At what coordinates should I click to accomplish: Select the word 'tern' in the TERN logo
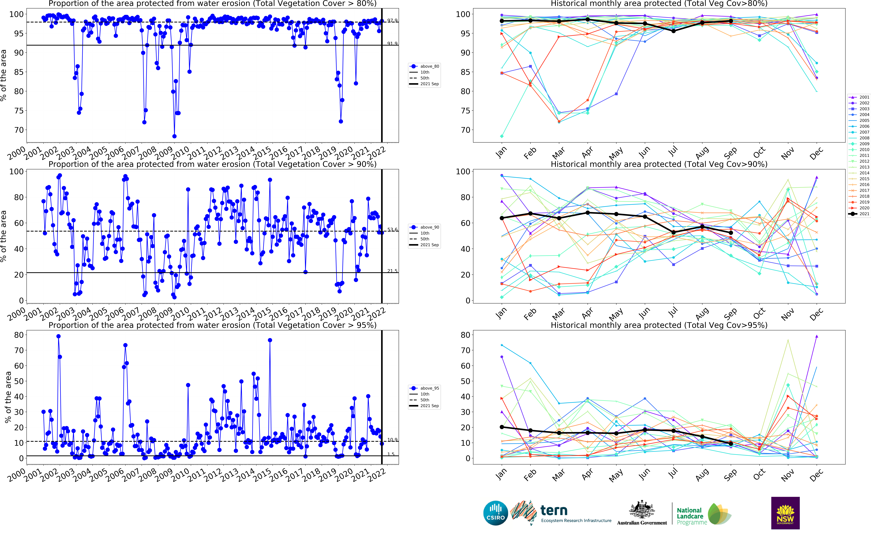pos(554,510)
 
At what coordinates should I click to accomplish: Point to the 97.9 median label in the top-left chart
pos(392,21)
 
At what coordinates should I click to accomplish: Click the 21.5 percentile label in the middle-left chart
pos(392,271)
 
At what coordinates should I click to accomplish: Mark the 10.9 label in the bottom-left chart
pos(392,440)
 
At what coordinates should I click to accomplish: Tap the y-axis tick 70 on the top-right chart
pos(465,130)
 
